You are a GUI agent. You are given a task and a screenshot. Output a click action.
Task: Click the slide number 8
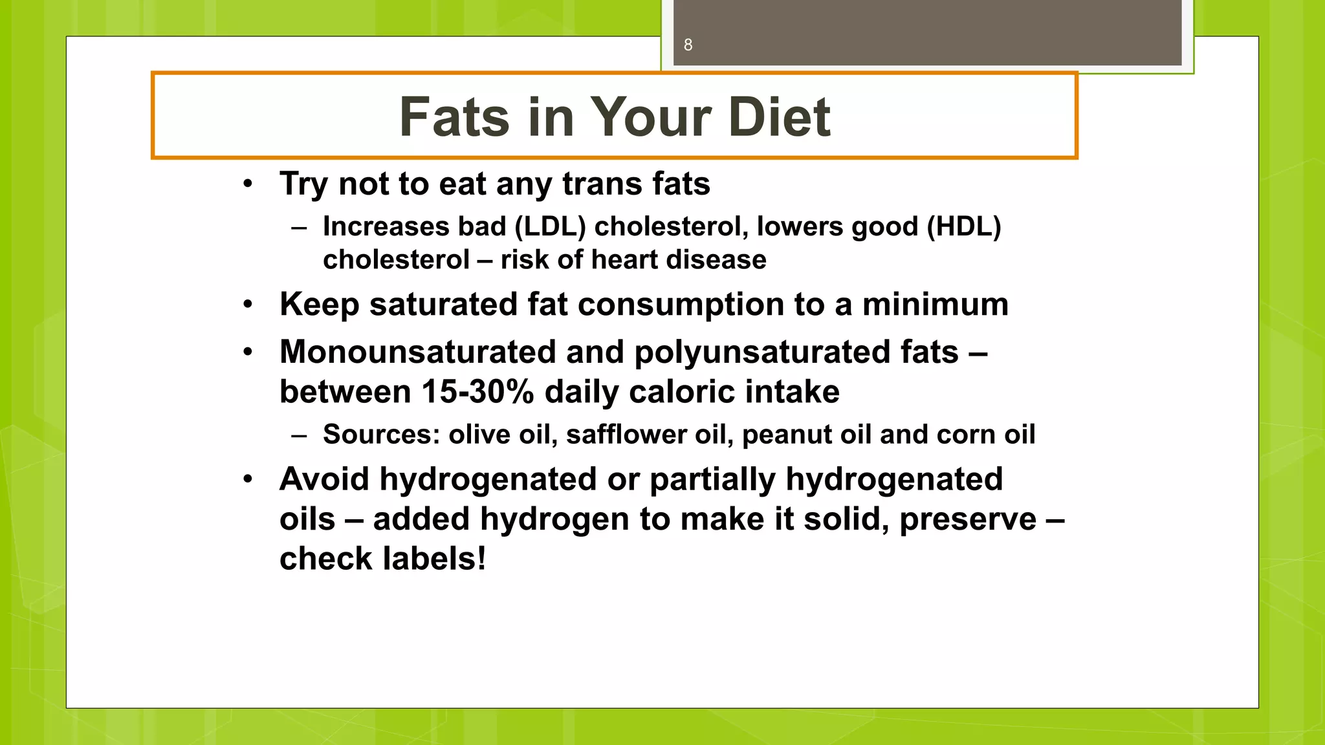pyautogui.click(x=688, y=45)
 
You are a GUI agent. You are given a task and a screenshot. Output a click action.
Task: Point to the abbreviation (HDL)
pyautogui.click(x=963, y=226)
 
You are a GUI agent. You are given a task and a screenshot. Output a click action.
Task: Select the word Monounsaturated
pyautogui.click(x=418, y=352)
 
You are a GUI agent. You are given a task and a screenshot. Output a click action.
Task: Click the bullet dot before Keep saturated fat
pyautogui.click(x=248, y=305)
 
